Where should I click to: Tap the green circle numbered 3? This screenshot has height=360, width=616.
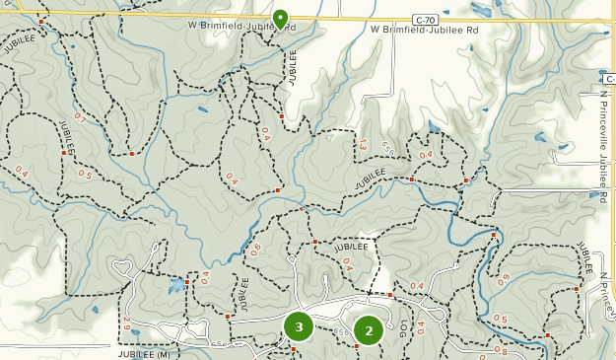pyautogui.click(x=299, y=326)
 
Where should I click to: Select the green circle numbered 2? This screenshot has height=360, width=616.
pyautogui.click(x=369, y=331)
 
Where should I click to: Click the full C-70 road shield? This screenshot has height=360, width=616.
pyautogui.click(x=426, y=19)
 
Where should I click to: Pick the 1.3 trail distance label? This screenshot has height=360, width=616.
pyautogui.click(x=363, y=146)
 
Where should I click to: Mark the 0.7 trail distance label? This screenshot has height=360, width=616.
pyautogui.click(x=80, y=118)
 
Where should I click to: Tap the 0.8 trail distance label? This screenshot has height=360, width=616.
pyautogui.click(x=501, y=351)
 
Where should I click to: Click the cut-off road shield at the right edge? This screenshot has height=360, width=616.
pyautogui.click(x=611, y=77)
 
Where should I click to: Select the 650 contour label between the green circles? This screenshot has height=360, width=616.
pyautogui.click(x=338, y=329)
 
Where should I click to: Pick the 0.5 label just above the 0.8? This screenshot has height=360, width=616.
pyautogui.click(x=501, y=320)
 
